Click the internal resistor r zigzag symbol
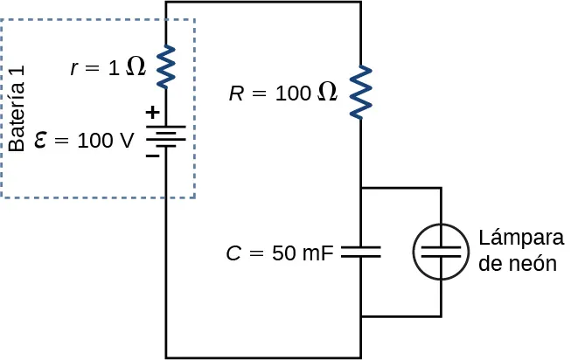[166, 67]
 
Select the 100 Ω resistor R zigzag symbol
[360, 93]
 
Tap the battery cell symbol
[166, 136]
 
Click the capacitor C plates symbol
[360, 252]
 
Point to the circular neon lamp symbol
[440, 252]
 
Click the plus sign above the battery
[151, 113]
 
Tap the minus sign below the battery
[151, 158]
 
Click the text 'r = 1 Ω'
[108, 68]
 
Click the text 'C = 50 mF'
[279, 253]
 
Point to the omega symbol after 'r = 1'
[136, 67]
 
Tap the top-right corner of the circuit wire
[360, 3]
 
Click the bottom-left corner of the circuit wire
[166, 357]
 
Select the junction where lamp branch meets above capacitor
[360, 187]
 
